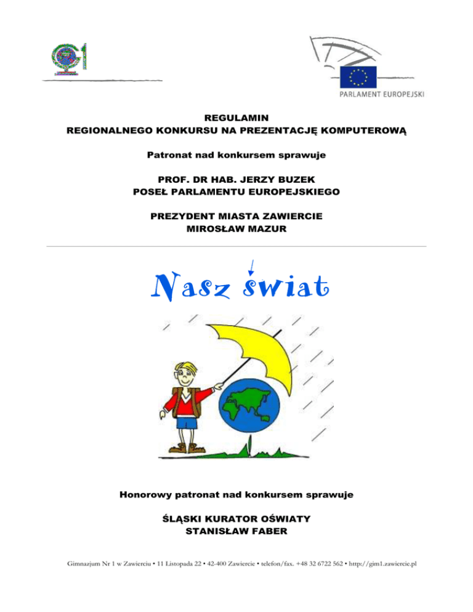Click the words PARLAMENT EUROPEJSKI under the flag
click(x=381, y=95)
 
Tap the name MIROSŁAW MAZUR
click(x=236, y=229)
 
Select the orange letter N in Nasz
click(x=164, y=286)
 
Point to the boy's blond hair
click(x=185, y=366)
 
